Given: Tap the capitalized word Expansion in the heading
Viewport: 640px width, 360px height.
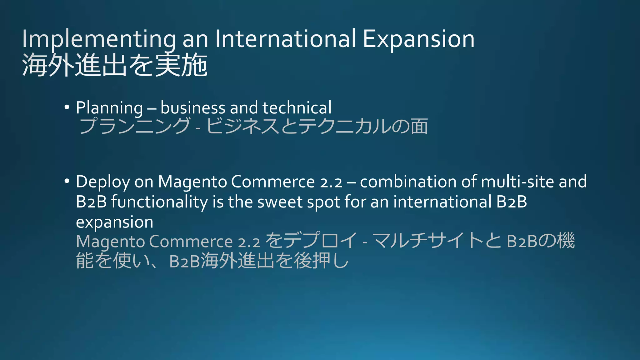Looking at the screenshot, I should coord(418,39).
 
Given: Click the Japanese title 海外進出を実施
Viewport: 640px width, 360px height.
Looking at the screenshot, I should coord(115,65).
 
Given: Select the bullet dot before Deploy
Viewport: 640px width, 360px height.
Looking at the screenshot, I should coord(67,181).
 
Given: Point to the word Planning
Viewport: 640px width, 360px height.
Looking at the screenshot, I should coord(109,108).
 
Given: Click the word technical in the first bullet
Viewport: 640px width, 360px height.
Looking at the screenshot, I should coord(297,108).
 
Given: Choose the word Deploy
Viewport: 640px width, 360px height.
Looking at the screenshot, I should coord(103,182).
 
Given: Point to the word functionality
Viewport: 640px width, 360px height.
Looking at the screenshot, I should coord(159,202).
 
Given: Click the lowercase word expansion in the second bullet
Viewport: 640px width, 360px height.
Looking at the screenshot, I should coord(114,222).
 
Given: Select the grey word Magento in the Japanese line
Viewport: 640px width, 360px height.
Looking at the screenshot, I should coord(110,242).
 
